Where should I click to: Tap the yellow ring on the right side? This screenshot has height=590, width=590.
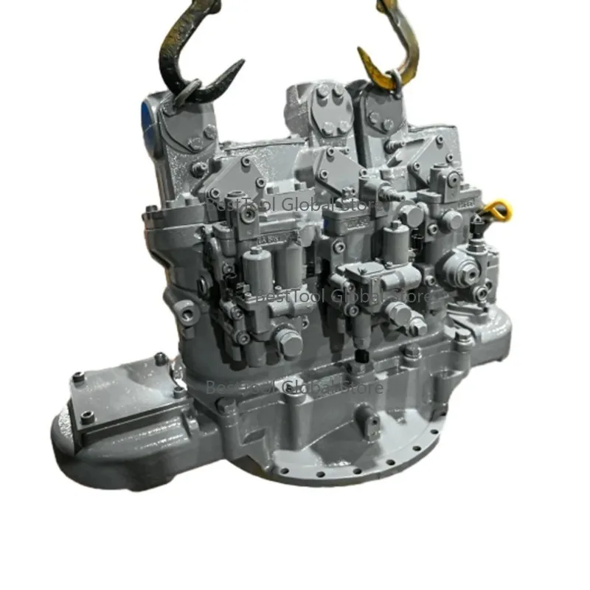point(502,209)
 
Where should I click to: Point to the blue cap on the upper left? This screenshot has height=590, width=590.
point(145,115)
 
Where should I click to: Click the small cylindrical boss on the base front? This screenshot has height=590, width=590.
point(364,420)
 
